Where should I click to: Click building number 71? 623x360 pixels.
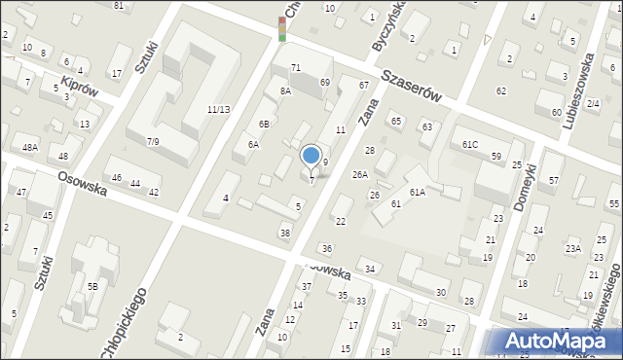click(x=296, y=67)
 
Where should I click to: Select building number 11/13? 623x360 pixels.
click(x=218, y=109)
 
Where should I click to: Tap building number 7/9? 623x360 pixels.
click(x=153, y=142)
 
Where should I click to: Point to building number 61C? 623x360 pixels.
click(x=470, y=144)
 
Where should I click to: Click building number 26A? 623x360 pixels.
click(x=360, y=175)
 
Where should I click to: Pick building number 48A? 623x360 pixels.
click(x=31, y=148)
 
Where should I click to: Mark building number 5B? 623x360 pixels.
click(x=92, y=286)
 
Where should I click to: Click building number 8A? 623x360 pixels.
click(x=285, y=90)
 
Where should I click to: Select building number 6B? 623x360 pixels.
click(x=264, y=125)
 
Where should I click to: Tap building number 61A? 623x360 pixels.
click(x=417, y=193)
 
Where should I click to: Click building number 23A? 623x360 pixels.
click(x=574, y=249)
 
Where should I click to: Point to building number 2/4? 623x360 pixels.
click(x=593, y=103)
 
